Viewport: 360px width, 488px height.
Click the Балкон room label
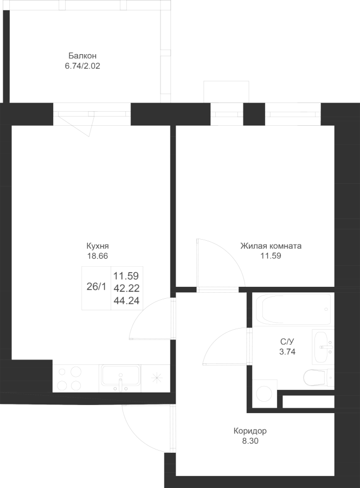pyautogui.click(x=82, y=56)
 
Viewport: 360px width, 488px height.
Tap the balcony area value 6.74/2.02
pyautogui.click(x=82, y=66)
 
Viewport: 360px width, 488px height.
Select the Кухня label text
pyautogui.click(x=98, y=246)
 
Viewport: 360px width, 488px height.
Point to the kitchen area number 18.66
pyautogui.click(x=98, y=256)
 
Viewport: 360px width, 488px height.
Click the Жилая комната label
pyautogui.click(x=271, y=246)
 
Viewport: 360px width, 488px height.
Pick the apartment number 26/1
pyautogui.click(x=96, y=287)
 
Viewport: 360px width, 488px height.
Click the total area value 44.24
pyautogui.click(x=126, y=300)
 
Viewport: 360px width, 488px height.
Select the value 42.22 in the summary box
pyautogui.click(x=126, y=288)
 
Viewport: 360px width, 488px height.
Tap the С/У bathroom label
pyautogui.click(x=287, y=342)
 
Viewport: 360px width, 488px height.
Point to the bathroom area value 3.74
pyautogui.click(x=287, y=352)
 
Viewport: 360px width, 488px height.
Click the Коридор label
pyautogui.click(x=250, y=432)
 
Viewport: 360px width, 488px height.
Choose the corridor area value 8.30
pyautogui.click(x=250, y=441)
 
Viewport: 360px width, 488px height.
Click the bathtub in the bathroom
pyautogui.click(x=293, y=309)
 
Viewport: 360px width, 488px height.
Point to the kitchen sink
pyautogui.click(x=120, y=378)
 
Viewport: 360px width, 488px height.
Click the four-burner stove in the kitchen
pyautogui.click(x=70, y=378)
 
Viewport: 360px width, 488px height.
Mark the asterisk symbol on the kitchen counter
pyautogui.click(x=157, y=378)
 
